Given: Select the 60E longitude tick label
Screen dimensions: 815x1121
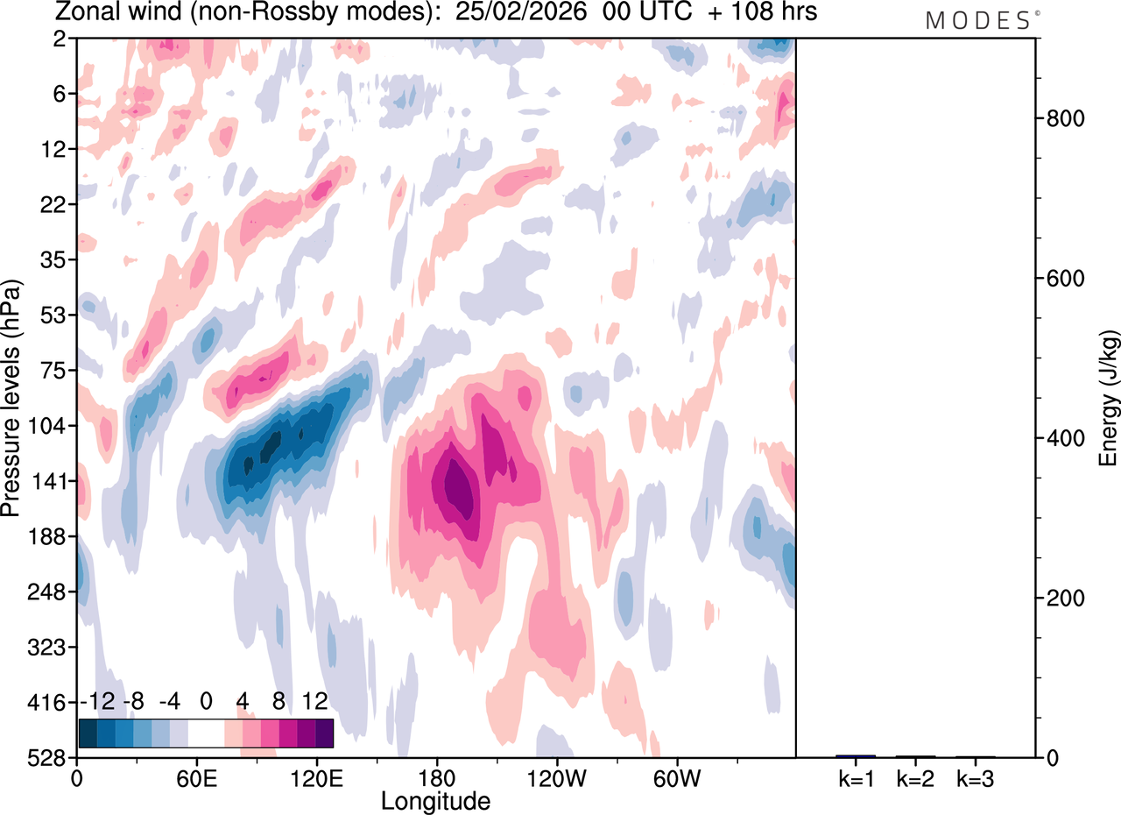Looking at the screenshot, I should pos(196,777).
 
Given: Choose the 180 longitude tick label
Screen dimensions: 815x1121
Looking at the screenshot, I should pos(436,777).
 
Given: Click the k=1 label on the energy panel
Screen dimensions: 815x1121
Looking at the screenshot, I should pos(856,777).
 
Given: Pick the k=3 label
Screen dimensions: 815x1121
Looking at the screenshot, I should pos(976,777).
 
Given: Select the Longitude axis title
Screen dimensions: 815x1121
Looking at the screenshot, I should pos(435,800).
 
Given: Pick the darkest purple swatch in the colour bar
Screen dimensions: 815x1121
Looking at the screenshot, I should pos(324,733).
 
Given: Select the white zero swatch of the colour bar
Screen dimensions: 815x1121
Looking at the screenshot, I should pos(206,733).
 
